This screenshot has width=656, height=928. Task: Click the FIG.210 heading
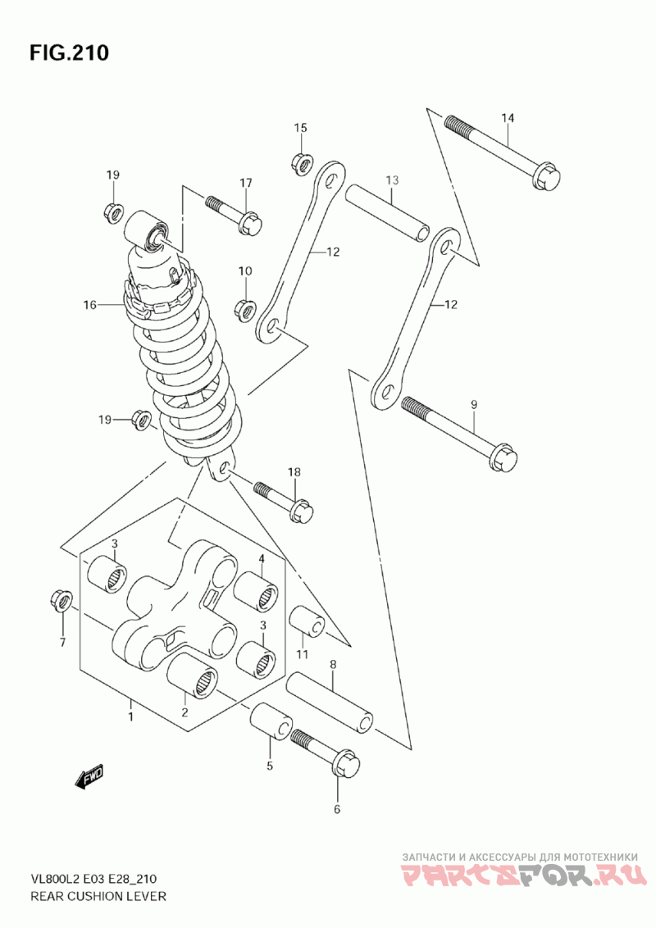click(69, 53)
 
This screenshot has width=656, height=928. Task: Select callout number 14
click(508, 118)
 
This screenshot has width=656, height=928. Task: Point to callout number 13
click(392, 180)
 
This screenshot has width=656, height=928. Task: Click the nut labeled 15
click(302, 163)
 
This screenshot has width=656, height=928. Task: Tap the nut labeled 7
click(61, 601)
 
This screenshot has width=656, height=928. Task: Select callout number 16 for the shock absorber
click(89, 306)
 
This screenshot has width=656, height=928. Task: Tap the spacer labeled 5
click(271, 721)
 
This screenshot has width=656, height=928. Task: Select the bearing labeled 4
click(257, 590)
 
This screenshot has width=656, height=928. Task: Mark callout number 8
click(333, 665)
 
